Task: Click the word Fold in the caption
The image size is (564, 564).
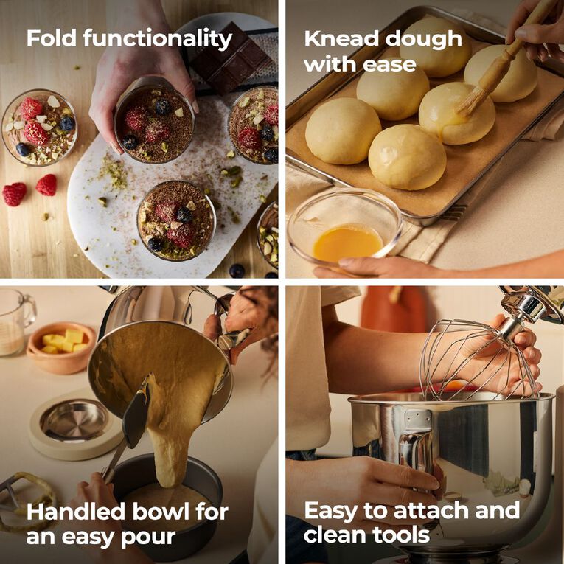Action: (52, 38)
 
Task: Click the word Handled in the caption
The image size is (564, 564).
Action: (77, 512)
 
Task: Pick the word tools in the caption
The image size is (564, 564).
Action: (401, 535)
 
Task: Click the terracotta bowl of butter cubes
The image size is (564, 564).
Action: (61, 347)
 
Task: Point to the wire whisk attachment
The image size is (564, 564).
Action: (478, 360)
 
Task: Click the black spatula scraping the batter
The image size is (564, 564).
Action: (135, 417)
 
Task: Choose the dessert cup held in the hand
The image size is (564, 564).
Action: (155, 120)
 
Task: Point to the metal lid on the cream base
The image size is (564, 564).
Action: (74, 420)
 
